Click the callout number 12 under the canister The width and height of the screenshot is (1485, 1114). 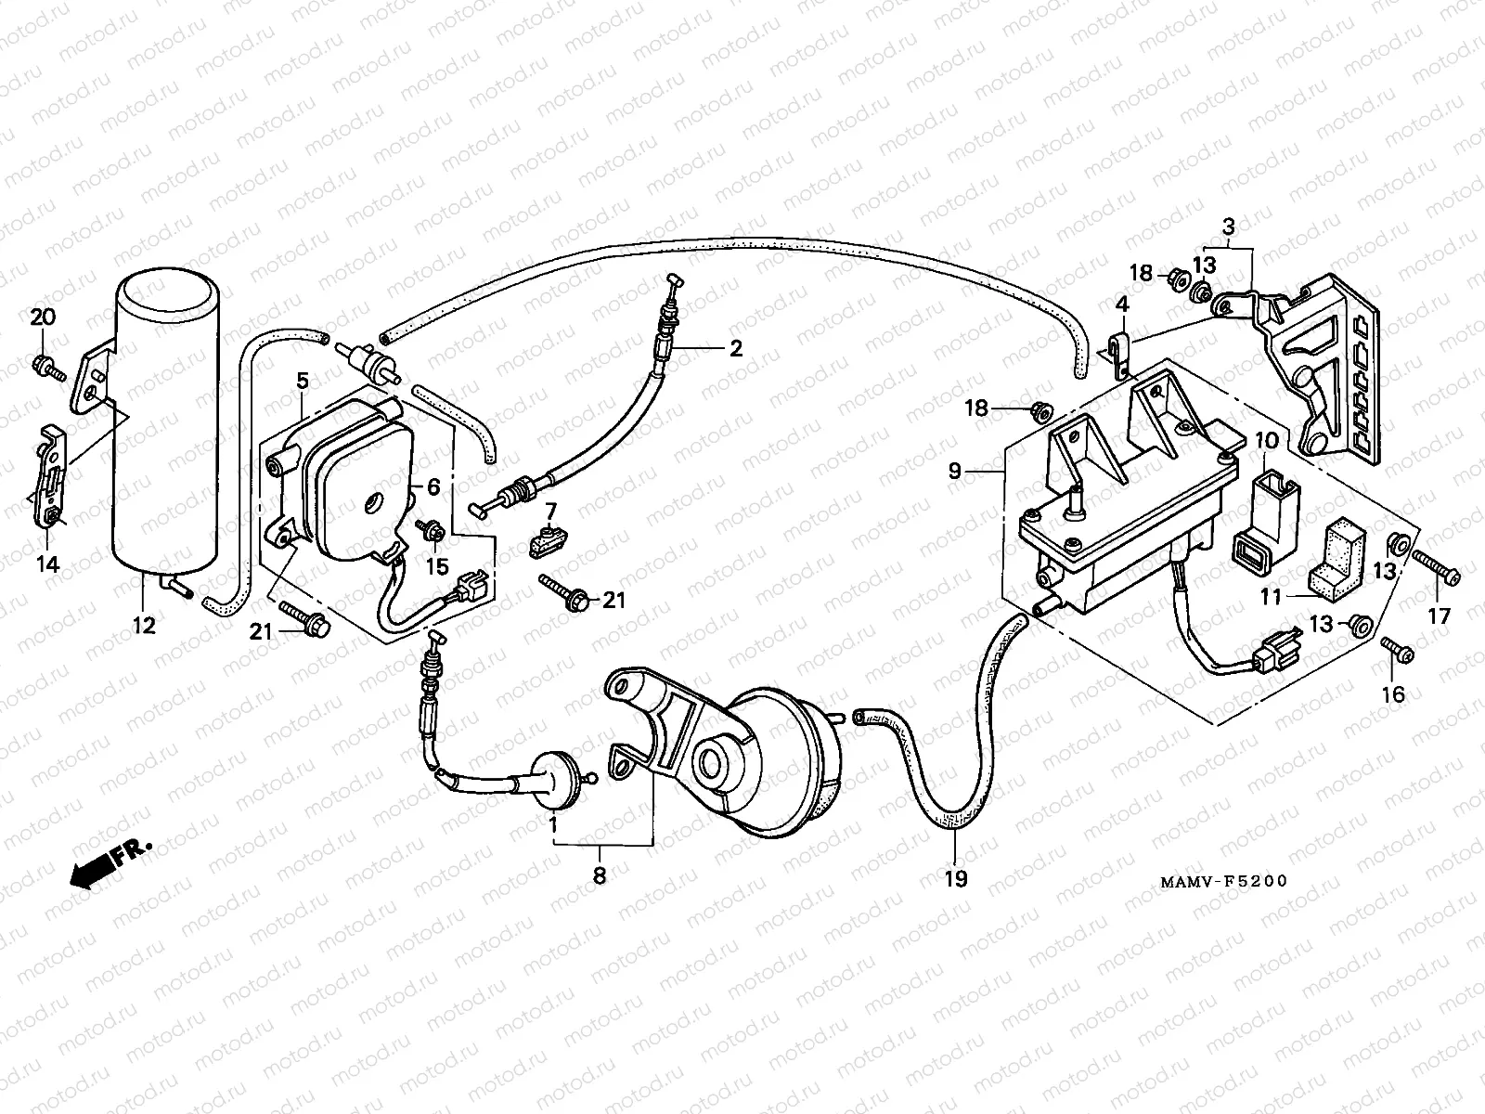coord(143,626)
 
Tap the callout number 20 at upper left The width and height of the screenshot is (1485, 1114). coord(43,317)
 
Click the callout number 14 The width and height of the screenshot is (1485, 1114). coord(48,563)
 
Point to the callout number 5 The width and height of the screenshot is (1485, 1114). coord(302,379)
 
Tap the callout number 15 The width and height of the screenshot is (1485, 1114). coord(436,566)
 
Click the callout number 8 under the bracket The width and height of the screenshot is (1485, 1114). coord(600,874)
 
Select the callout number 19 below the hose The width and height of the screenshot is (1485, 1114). coord(955,877)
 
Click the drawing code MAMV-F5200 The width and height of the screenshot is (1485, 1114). coord(1223,881)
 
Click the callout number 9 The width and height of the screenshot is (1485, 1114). coord(956,472)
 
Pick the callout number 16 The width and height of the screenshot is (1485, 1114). coord(1393,693)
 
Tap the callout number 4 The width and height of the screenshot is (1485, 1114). coord(1121,304)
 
